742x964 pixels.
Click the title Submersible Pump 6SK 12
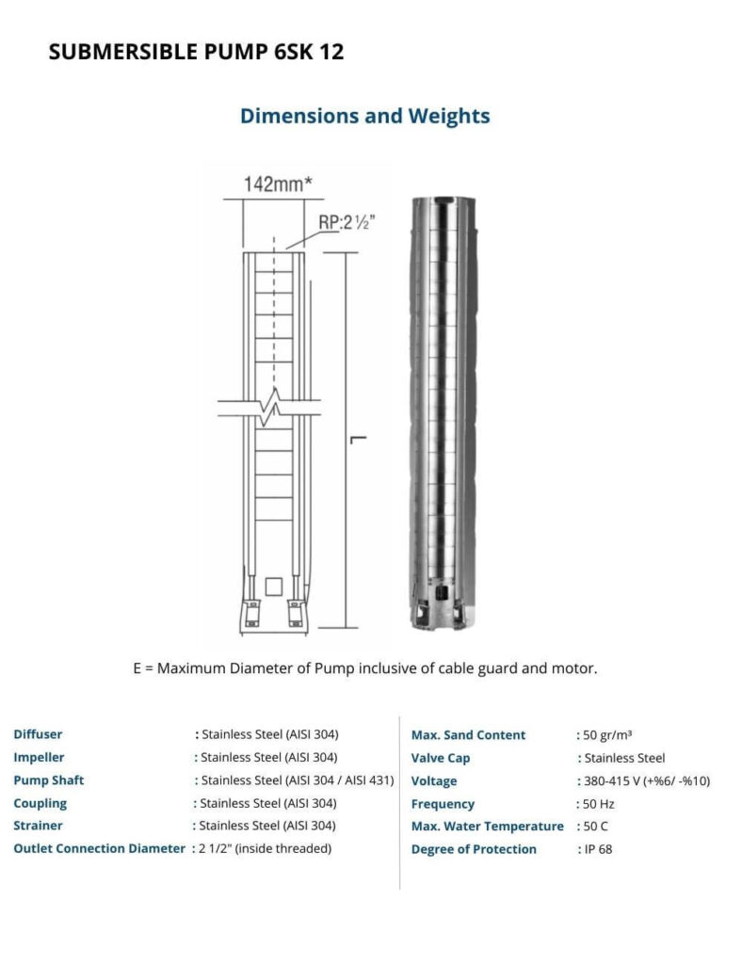[x=196, y=53]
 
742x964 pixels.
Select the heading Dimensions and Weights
[x=364, y=116]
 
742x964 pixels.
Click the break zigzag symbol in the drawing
[x=275, y=407]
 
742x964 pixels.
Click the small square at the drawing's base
[x=273, y=586]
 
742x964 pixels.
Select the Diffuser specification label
[x=38, y=734]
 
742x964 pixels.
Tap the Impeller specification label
[x=39, y=757]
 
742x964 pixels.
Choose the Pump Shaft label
[x=49, y=780]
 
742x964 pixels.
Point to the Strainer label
[x=38, y=826]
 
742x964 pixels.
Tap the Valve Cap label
[x=441, y=758]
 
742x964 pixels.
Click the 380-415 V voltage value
[x=644, y=781]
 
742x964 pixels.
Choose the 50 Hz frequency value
[x=597, y=804]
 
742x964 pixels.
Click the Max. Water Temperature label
[x=487, y=827]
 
